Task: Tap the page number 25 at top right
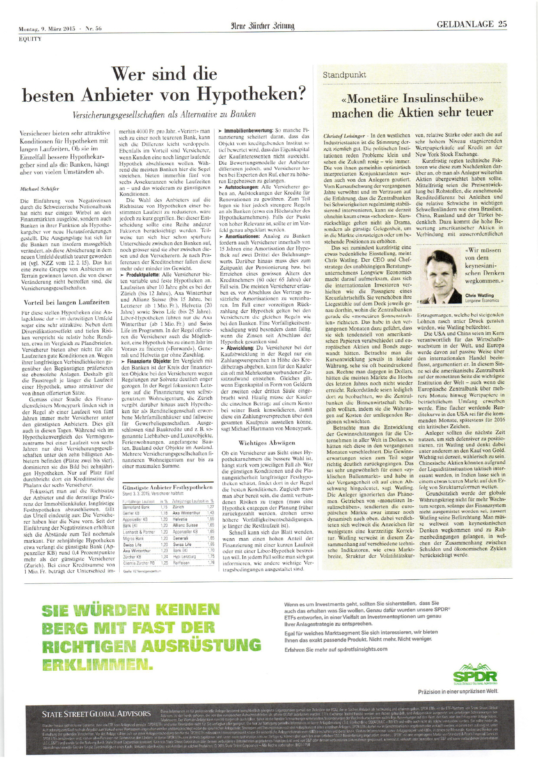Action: [502, 24]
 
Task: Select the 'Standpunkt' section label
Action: [344, 75]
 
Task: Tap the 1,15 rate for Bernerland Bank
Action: [164, 507]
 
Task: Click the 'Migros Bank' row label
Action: [134, 538]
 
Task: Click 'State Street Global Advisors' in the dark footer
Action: [96, 714]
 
